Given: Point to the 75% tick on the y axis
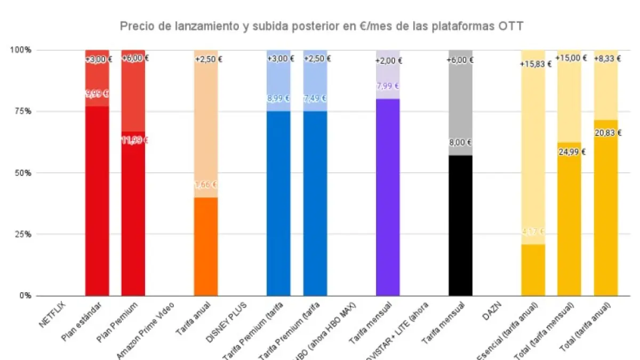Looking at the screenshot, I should pyautogui.click(x=22, y=111).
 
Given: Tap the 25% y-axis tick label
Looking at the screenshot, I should pyautogui.click(x=22, y=234).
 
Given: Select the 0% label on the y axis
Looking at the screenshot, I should pyautogui.click(x=25, y=295).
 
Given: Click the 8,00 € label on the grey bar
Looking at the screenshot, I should pyautogui.click(x=461, y=142).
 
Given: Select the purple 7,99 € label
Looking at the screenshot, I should pyautogui.click(x=388, y=86).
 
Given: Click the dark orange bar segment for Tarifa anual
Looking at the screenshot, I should pyautogui.click(x=206, y=246).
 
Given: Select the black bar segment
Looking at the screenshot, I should pyautogui.click(x=460, y=225).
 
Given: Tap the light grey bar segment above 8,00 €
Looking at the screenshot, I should pyautogui.click(x=460, y=101).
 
